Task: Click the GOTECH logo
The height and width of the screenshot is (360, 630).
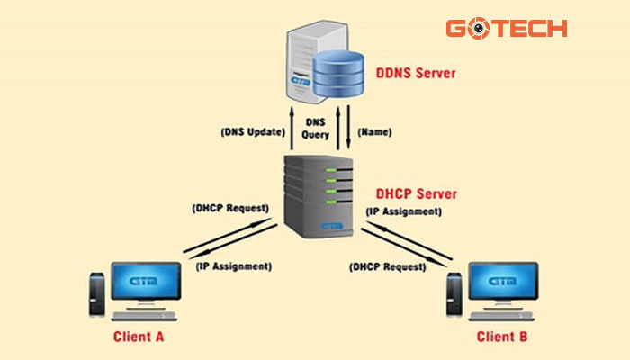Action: tap(506, 29)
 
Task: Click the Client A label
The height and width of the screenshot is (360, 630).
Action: tap(139, 337)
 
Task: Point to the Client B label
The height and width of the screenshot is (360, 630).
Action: tap(499, 337)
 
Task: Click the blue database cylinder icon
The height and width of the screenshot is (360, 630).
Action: tap(340, 76)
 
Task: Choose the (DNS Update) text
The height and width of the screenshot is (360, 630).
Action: tap(254, 131)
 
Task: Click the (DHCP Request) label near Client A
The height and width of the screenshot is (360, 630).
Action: tap(230, 208)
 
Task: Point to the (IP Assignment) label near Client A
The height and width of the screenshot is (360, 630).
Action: tap(232, 266)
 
